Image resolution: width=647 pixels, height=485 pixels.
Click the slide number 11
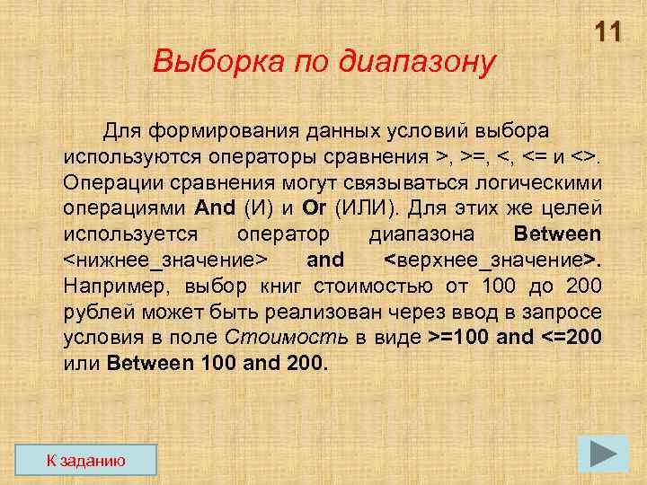click(607, 33)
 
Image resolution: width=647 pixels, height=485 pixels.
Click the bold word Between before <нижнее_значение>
click(556, 234)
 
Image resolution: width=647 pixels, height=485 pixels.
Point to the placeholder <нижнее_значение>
click(165, 260)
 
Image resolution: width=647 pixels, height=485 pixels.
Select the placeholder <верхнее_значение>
click(492, 260)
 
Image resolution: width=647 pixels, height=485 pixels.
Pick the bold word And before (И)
click(215, 208)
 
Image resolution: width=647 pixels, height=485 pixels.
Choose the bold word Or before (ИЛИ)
click(314, 208)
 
